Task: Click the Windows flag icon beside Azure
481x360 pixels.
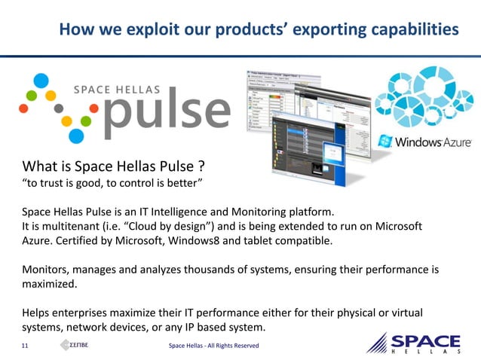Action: (385, 140)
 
